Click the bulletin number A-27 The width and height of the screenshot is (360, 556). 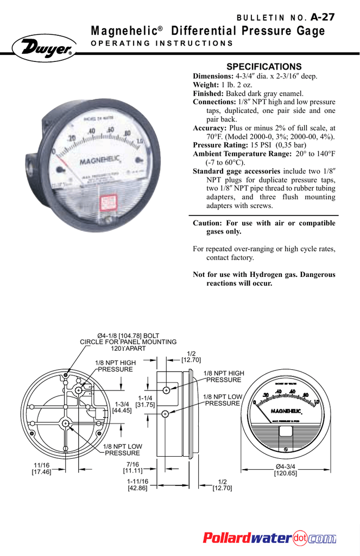(323, 17)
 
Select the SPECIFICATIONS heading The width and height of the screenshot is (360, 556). (263, 66)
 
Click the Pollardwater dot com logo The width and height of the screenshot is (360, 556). (269, 538)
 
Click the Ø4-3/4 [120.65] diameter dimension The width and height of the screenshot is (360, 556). (286, 470)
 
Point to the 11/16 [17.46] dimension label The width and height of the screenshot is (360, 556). (42, 469)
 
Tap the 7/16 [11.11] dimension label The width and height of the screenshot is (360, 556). (132, 467)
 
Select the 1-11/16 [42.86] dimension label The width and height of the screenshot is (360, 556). (137, 485)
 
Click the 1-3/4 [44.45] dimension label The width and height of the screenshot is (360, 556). (122, 407)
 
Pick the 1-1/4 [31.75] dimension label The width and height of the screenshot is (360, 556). (145, 401)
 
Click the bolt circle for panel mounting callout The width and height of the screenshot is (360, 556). (128, 342)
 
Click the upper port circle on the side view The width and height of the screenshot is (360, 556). (166, 390)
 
